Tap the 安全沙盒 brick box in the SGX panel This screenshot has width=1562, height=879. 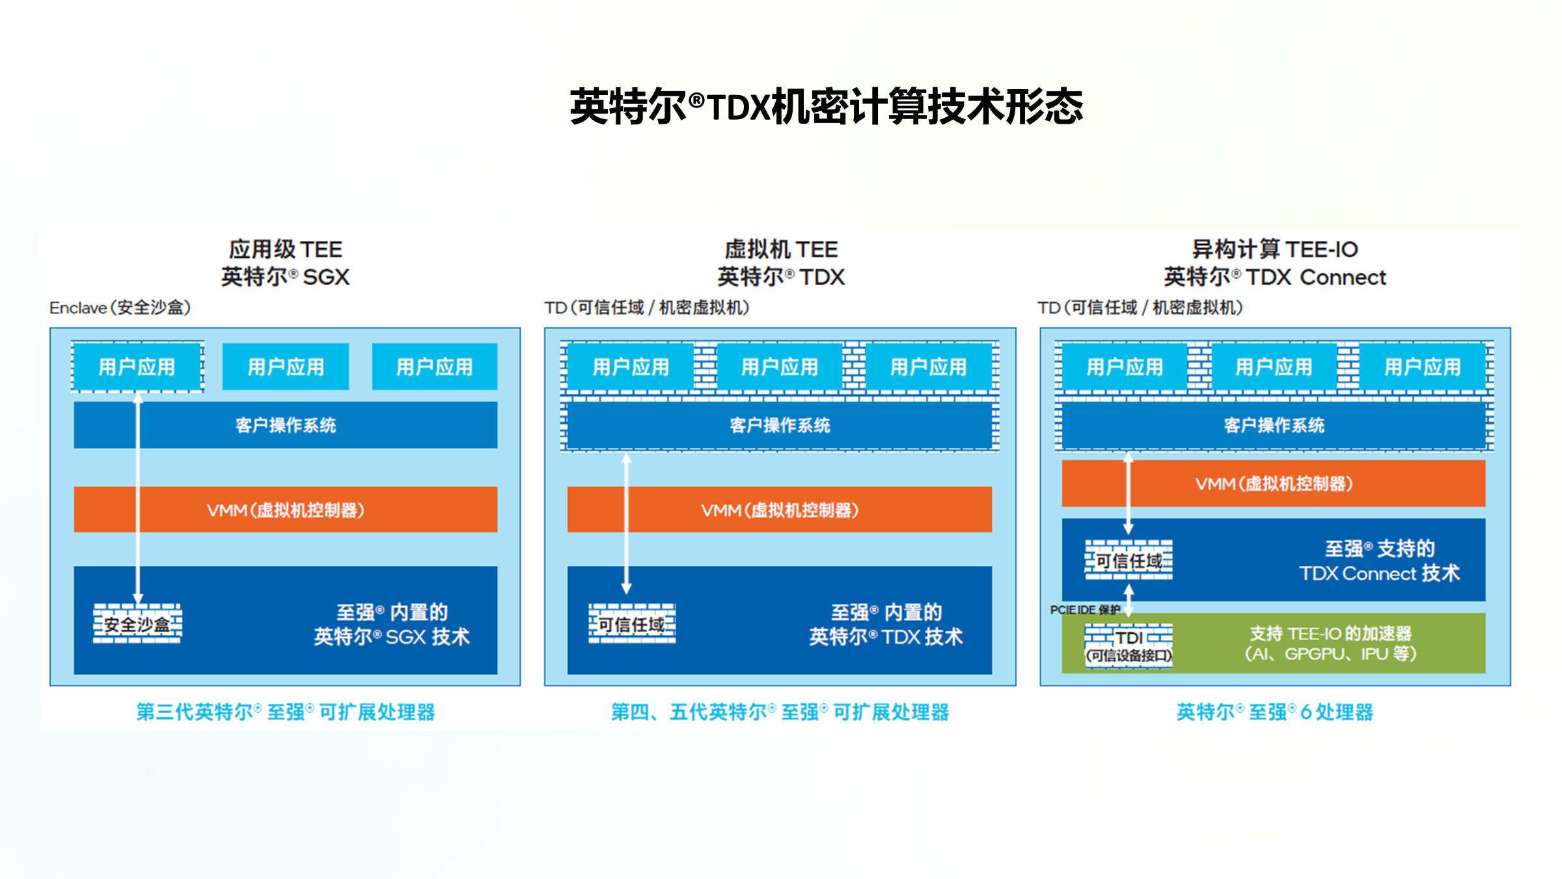(137, 624)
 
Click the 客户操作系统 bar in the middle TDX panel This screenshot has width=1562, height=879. (780, 425)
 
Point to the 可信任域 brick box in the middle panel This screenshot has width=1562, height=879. (631, 624)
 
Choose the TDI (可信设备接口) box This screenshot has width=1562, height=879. (1129, 645)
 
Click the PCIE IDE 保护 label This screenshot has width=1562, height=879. (1084, 609)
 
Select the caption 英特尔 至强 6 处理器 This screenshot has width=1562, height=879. (1274, 712)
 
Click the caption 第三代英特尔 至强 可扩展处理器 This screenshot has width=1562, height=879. (286, 712)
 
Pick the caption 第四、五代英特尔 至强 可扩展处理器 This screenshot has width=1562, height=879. (780, 712)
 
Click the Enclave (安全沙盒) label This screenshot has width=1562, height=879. (120, 307)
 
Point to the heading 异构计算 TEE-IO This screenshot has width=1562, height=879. (1274, 249)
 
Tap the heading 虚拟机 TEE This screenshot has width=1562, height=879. (781, 249)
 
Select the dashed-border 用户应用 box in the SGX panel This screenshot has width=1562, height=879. (137, 367)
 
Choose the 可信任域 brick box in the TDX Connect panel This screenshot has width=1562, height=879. (1129, 560)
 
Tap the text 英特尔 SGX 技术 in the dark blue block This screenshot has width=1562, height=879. (392, 636)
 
